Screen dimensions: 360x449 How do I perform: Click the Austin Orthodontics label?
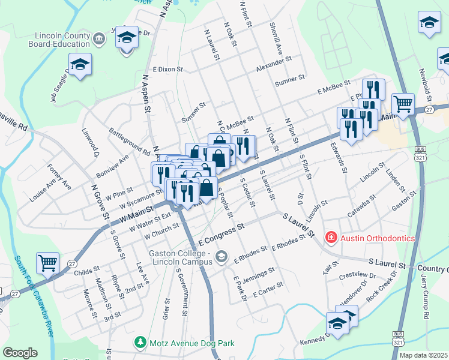click(x=378, y=238)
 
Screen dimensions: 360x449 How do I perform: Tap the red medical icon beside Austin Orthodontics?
click(x=330, y=238)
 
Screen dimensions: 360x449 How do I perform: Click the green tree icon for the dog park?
click(x=140, y=343)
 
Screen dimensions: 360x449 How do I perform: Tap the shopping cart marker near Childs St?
click(x=47, y=262)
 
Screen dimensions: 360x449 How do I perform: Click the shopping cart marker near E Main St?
click(x=403, y=103)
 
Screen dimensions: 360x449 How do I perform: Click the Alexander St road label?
click(x=273, y=65)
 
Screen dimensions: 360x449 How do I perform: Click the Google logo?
click(x=20, y=353)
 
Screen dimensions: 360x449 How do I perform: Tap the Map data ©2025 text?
click(x=423, y=355)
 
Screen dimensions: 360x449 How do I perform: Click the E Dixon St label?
click(x=167, y=70)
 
